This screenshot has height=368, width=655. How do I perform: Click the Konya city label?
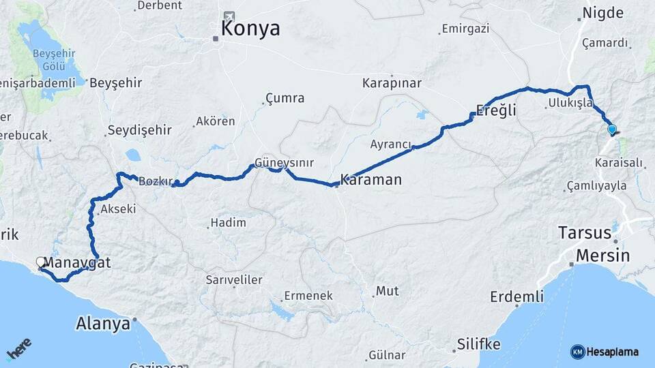250,29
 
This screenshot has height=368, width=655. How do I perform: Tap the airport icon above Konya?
229,16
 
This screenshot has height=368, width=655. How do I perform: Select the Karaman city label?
372,180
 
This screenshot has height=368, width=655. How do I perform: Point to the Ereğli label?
496,111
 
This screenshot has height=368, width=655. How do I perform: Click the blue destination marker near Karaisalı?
611,129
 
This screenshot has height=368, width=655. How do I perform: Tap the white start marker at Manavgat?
41,262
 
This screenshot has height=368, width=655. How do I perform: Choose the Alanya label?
104,323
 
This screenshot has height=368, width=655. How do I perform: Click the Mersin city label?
600,255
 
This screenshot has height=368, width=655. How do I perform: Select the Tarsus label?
585,232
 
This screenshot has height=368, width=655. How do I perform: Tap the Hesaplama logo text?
612,352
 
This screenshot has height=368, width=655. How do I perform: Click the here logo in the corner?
20,352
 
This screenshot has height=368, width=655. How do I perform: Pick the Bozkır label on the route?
154,182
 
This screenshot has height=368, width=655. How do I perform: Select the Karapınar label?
392,83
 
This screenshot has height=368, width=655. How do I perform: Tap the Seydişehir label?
142,130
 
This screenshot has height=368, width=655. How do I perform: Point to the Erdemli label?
517,296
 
